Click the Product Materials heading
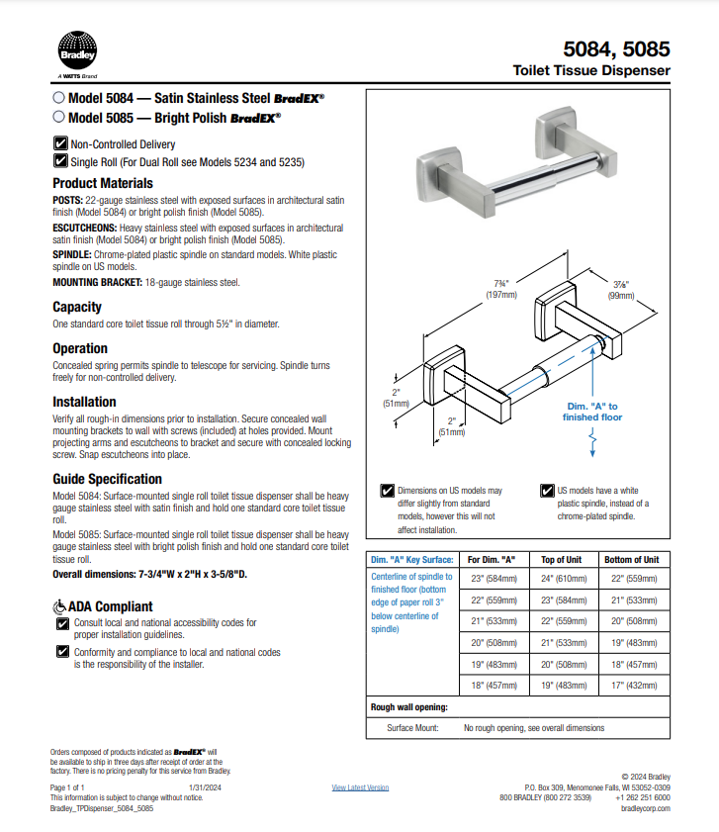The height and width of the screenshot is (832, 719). pos(102,183)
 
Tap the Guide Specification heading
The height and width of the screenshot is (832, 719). pos(107,479)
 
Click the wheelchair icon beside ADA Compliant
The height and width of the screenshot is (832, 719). pos(58,606)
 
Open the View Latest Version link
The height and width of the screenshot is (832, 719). pos(360,787)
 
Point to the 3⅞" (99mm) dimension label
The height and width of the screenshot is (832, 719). pos(620,289)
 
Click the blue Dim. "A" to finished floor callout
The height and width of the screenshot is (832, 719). pos(593,412)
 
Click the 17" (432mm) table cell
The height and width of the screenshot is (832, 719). pos(631,685)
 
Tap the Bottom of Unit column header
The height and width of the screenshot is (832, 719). pos(631,560)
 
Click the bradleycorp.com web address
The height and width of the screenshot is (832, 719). pos(645,808)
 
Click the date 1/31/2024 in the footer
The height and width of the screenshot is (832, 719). pos(203,787)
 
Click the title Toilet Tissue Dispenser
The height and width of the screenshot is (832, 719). pos(590,70)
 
